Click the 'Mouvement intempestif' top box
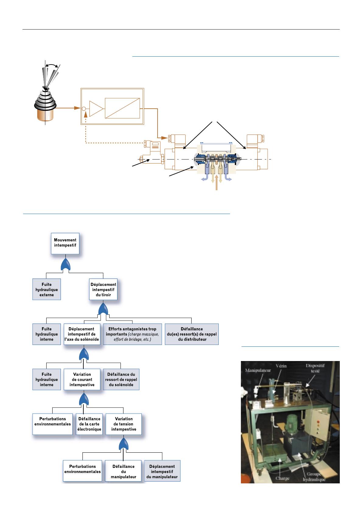click(x=65, y=244)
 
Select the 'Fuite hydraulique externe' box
click(x=47, y=289)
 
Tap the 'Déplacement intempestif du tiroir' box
click(x=103, y=289)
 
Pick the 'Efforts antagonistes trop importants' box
click(x=132, y=334)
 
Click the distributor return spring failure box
click(x=192, y=334)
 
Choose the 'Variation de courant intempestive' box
click(x=82, y=379)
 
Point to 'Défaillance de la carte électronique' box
click(x=89, y=424)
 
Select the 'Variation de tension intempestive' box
click(x=124, y=424)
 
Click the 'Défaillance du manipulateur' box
click(x=123, y=471)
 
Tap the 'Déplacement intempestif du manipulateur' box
click(x=162, y=471)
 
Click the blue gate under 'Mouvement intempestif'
click(x=65, y=265)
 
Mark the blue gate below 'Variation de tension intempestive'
click(x=124, y=444)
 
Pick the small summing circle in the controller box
click(x=84, y=109)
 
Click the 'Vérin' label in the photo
click(x=281, y=366)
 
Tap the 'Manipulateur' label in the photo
click(x=258, y=370)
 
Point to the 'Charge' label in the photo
click(x=282, y=479)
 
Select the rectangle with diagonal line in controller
click(x=122, y=108)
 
